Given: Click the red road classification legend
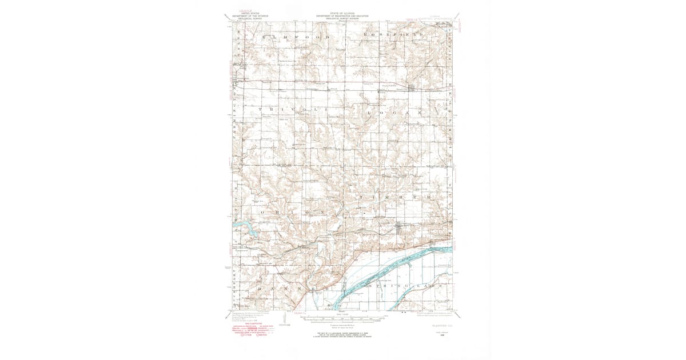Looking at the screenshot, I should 252,331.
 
